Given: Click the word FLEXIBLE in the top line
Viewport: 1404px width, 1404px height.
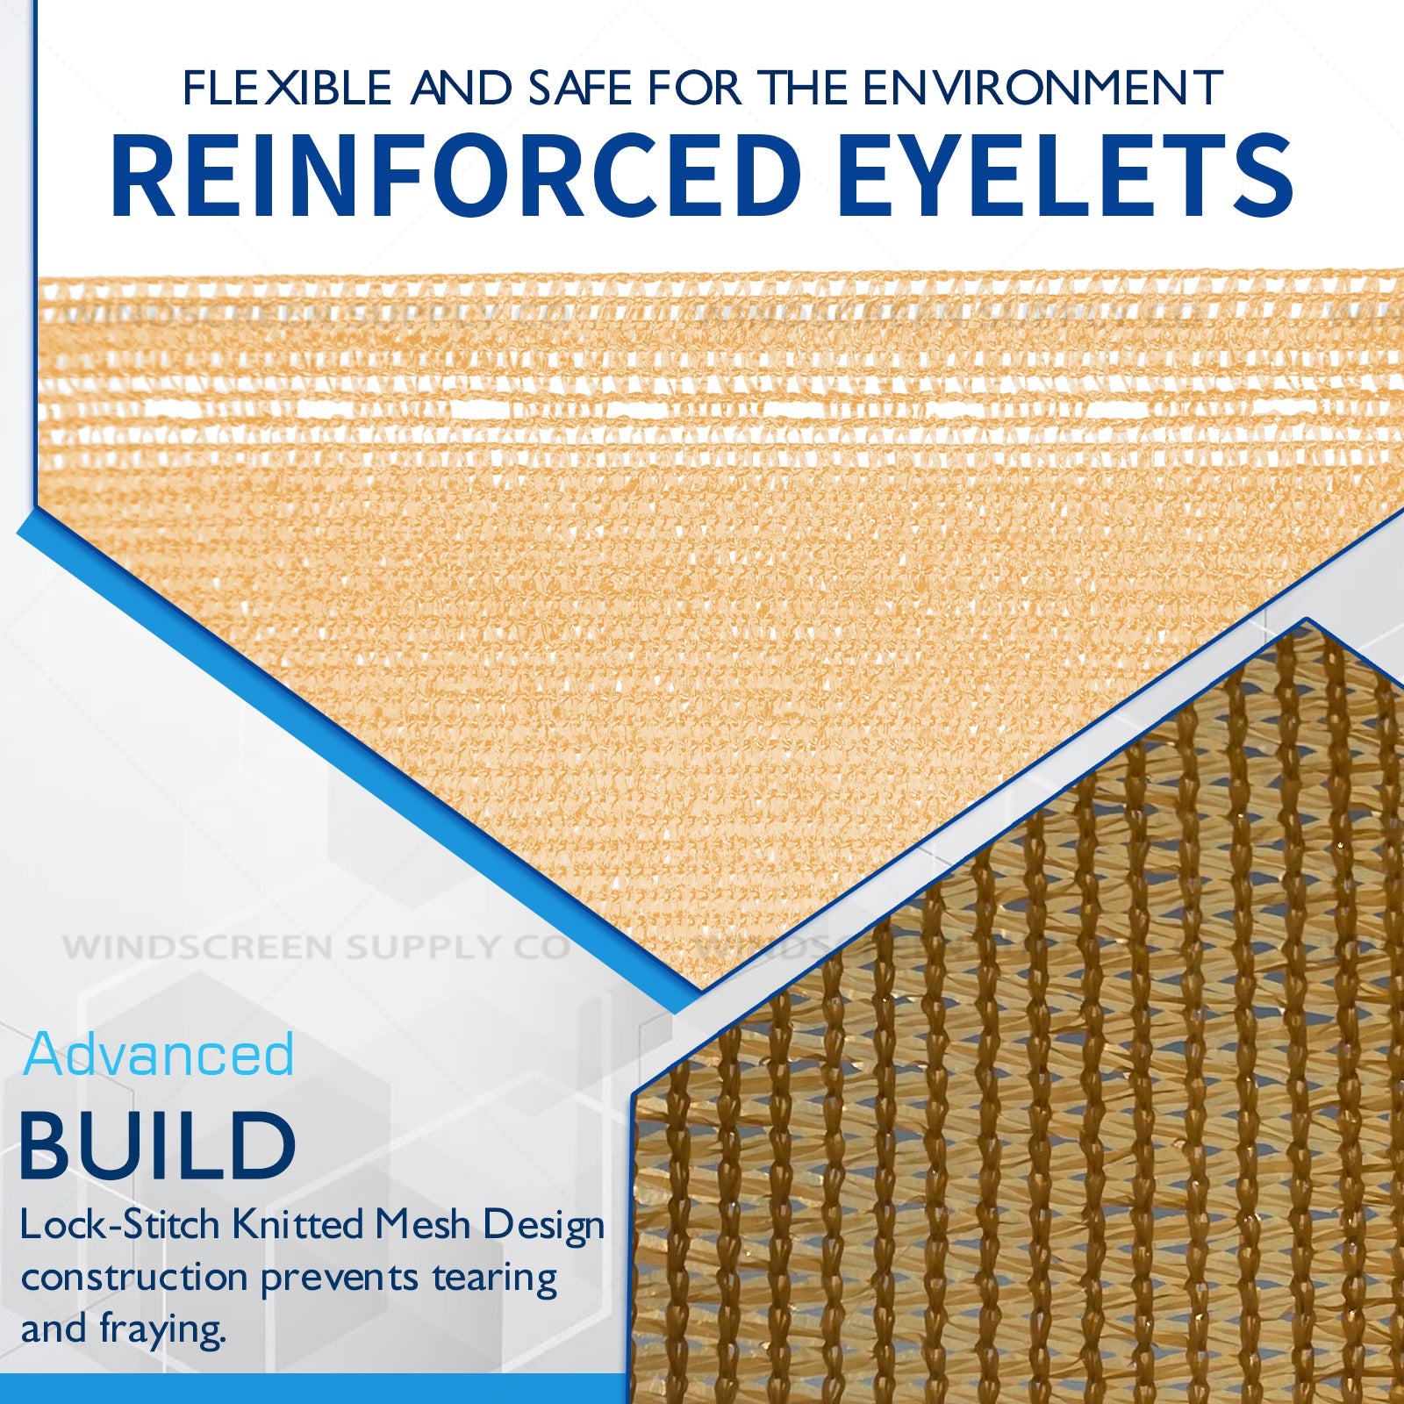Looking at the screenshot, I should point(287,88).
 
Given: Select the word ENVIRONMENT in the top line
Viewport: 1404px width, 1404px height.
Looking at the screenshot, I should point(1042,88).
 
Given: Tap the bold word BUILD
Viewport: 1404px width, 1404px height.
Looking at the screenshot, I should point(158,1145).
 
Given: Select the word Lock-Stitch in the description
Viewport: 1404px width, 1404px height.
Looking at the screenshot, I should point(120,1225).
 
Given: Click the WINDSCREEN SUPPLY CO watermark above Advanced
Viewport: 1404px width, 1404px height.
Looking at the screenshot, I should point(316,948).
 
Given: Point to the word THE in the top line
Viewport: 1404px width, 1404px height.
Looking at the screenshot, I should point(806,88).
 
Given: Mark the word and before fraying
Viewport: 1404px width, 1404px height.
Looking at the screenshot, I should point(54,1329).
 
